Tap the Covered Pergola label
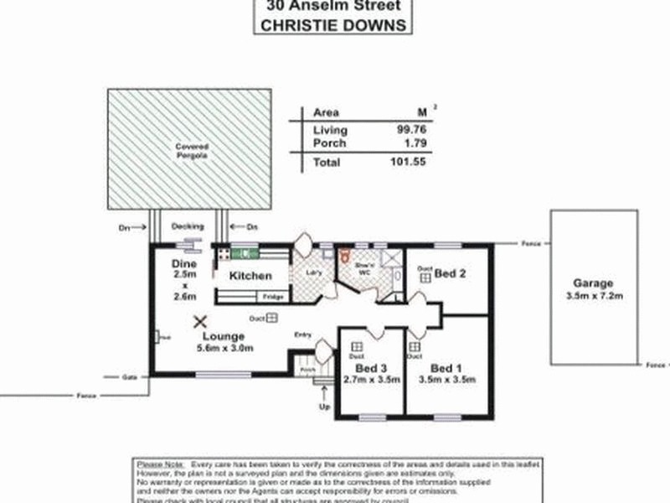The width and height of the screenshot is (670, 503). pos(191,151)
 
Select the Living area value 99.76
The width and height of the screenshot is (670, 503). pos(411,130)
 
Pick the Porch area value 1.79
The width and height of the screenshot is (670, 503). pos(415,143)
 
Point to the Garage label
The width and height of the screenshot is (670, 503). pos(594,283)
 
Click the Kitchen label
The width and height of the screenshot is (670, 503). pos(250,276)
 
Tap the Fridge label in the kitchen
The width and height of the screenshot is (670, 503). pos(273,298)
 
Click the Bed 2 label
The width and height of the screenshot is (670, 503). pos(451,273)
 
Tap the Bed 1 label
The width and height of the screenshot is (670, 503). pos(446,367)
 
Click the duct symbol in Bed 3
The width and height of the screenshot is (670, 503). pos(358,346)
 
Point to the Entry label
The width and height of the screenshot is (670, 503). pos(303,335)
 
